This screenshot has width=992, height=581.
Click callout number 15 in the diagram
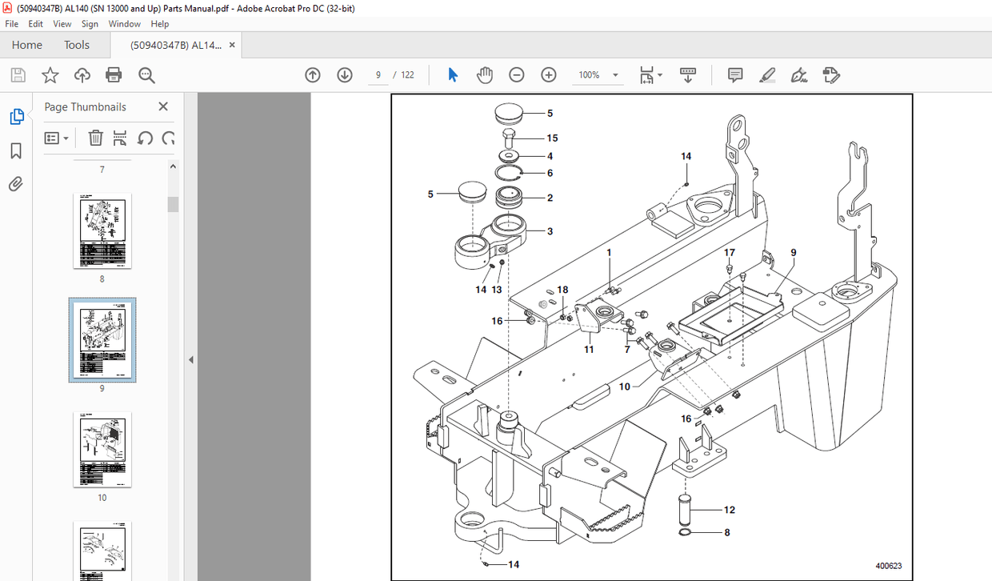(x=552, y=138)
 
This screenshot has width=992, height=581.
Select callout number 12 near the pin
(x=729, y=510)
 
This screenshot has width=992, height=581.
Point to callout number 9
(x=793, y=253)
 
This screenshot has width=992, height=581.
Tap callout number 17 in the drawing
(x=729, y=253)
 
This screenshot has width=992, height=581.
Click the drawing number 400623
(x=888, y=566)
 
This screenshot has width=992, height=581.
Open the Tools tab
(x=77, y=45)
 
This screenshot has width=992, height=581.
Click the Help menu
(x=160, y=24)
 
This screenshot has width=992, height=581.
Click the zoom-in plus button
(x=548, y=74)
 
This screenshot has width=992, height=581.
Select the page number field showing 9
(x=378, y=74)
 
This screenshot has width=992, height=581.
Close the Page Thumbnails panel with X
(x=163, y=106)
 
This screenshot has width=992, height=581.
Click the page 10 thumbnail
(x=102, y=450)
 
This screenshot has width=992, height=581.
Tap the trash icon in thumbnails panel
(x=95, y=138)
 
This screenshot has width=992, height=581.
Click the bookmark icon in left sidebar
(x=16, y=151)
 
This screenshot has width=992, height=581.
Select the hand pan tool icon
(x=485, y=74)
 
